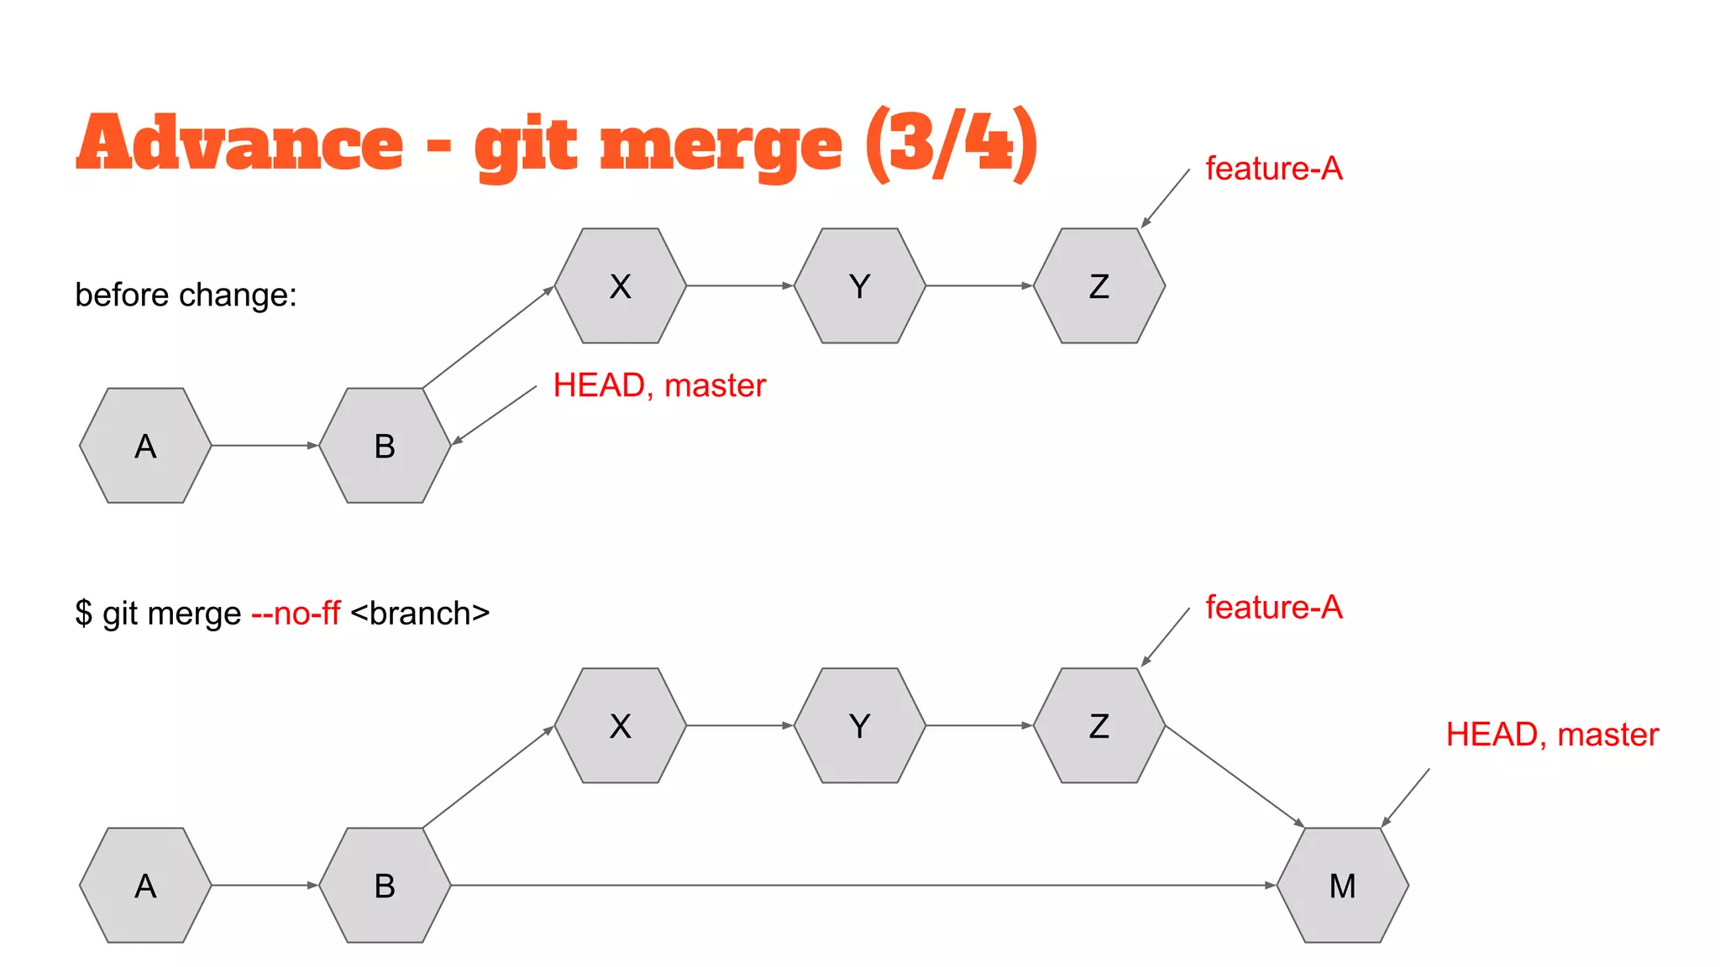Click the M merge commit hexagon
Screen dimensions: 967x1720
1342,886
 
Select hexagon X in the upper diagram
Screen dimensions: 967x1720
620,286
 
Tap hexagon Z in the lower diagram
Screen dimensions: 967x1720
1099,726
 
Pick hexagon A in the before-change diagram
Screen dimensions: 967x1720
145,446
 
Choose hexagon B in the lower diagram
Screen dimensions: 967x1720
385,886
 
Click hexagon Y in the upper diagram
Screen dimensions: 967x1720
859,286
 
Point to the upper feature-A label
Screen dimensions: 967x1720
1273,169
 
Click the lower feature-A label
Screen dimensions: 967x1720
1273,608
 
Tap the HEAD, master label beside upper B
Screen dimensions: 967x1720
659,386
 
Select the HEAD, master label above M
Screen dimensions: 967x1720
1552,735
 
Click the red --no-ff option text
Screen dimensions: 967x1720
296,614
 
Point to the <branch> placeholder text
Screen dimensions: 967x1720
420,614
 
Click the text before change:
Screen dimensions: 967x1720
186,295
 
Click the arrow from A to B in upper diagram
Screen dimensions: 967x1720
264,445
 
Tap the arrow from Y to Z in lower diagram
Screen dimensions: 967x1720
978,725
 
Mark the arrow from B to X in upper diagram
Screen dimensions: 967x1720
487,337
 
